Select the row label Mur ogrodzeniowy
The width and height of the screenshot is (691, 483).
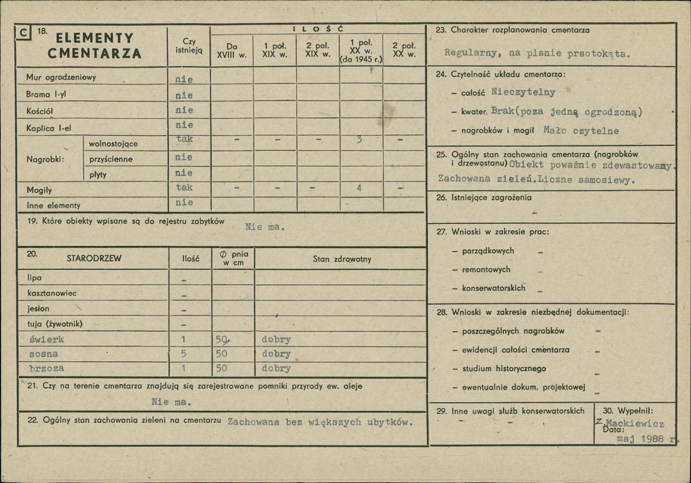tap(61, 77)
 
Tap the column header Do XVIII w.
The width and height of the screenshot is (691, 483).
tap(231, 50)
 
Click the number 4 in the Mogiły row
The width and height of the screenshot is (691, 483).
tap(359, 188)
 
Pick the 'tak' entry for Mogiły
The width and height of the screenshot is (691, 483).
tap(185, 188)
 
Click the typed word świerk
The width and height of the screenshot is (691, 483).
tap(47, 339)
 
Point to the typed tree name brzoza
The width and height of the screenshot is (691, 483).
tap(47, 368)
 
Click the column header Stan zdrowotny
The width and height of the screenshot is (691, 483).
tap(342, 259)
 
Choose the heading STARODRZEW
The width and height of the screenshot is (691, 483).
tap(94, 259)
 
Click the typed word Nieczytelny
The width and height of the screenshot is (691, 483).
tap(523, 92)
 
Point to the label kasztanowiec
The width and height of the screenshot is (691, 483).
tap(52, 293)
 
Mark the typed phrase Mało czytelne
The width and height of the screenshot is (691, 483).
tap(581, 131)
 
